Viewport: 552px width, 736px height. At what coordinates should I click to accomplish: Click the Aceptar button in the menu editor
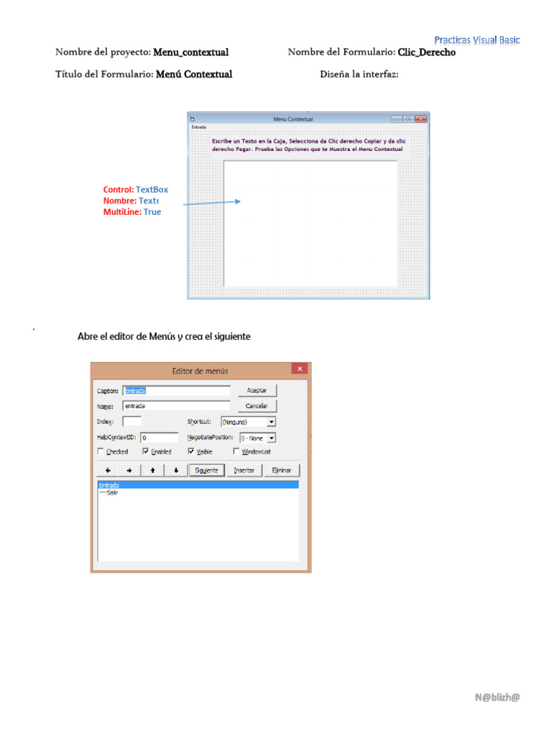[x=257, y=390]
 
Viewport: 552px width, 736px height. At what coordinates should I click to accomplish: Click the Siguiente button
[x=208, y=470]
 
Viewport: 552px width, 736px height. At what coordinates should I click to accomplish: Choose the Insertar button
[x=244, y=470]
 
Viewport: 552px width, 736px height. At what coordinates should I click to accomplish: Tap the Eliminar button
[x=282, y=470]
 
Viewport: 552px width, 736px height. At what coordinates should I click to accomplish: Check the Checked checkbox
[x=101, y=451]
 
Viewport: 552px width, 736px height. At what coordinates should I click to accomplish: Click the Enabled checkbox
[x=146, y=451]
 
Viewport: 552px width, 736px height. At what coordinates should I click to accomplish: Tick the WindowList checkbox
[x=236, y=451]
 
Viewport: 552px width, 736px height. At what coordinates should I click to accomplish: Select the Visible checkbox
[x=191, y=451]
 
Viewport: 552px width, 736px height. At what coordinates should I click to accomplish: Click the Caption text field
[x=176, y=390]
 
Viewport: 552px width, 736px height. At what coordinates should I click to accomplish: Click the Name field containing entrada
[x=176, y=405]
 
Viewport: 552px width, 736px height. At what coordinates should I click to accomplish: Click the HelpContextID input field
[x=159, y=437]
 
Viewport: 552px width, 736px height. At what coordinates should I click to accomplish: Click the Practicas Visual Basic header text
[x=477, y=40]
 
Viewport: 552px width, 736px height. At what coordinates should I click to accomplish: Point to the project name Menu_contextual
[x=190, y=52]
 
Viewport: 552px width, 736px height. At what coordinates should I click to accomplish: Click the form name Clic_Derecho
[x=426, y=52]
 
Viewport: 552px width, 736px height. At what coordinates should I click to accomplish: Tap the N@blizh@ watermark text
[x=497, y=696]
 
